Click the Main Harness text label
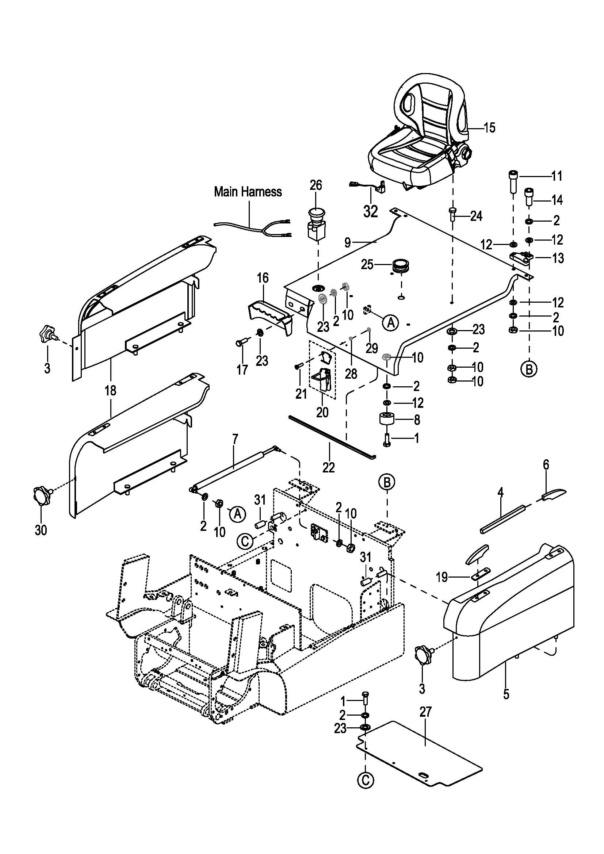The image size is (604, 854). [x=248, y=192]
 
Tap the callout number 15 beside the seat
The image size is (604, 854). [x=489, y=127]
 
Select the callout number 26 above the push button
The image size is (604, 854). [x=316, y=185]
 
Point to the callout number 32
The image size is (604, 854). [x=370, y=212]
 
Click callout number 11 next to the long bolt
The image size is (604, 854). [x=557, y=176]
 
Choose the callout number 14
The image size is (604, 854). [x=557, y=200]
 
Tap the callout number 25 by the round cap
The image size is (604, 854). [x=367, y=265]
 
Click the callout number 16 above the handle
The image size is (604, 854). [x=263, y=278]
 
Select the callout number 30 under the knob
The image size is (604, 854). [x=41, y=530]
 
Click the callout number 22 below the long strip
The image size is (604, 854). [x=328, y=467]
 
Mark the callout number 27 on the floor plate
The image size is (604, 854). [x=425, y=712]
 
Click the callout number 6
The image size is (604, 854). [x=546, y=464]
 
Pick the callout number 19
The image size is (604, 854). [x=441, y=577]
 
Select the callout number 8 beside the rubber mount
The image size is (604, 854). [x=417, y=420]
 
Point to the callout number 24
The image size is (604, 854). [x=476, y=216]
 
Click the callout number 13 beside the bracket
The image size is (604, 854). [x=558, y=258]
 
